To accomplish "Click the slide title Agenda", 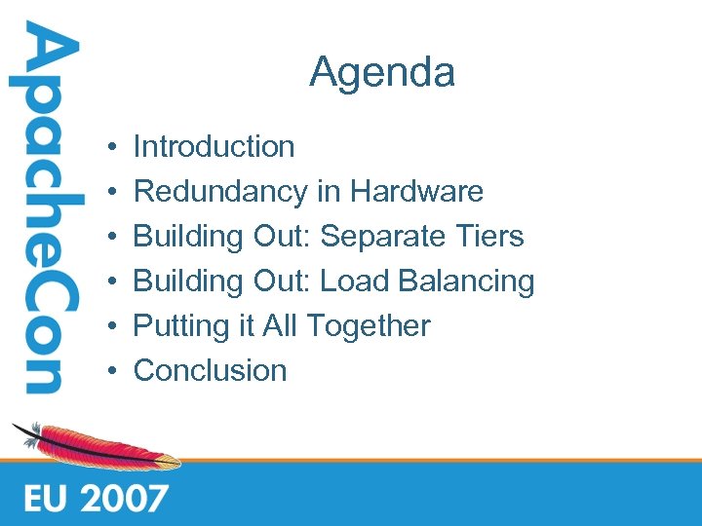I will pos(382,73).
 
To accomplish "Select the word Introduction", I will pos(214,147).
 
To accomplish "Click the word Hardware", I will pos(416,192).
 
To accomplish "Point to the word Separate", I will pos(384,237).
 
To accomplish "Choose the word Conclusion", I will pos(210,371).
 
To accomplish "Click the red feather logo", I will pos(97,446).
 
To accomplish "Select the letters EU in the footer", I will pos(45,498).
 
